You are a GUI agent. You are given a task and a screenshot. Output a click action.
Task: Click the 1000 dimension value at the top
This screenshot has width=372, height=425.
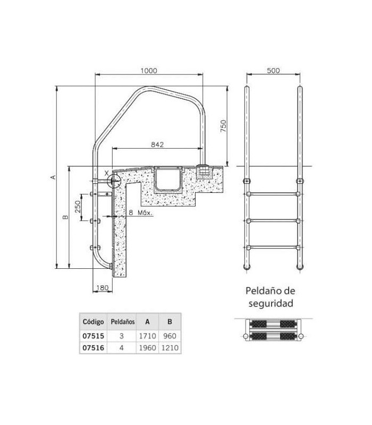(149, 71)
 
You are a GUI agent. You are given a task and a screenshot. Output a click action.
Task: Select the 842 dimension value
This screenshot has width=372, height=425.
(157, 144)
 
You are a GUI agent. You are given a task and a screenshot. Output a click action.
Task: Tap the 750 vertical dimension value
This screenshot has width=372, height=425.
(223, 126)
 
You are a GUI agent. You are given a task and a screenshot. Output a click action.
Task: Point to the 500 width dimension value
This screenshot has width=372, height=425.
(273, 71)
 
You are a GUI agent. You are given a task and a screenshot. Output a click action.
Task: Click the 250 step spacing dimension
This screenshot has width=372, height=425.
(78, 207)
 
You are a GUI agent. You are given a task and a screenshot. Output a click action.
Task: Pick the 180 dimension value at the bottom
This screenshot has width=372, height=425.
(102, 288)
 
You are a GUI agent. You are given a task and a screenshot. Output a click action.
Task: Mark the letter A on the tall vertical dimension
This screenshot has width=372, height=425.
(54, 177)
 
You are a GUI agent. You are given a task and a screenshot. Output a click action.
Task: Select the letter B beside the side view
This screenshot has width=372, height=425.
(65, 217)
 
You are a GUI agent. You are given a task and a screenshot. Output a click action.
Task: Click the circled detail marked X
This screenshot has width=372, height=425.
(114, 180)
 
